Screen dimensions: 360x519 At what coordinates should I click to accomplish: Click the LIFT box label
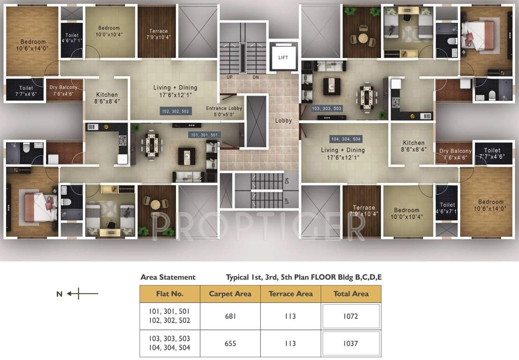click(x=283, y=58)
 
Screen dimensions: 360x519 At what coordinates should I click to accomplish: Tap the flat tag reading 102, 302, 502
click(x=175, y=111)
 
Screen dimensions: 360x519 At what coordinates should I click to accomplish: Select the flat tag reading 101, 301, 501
click(x=204, y=135)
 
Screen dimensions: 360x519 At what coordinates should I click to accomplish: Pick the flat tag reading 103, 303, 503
click(x=327, y=108)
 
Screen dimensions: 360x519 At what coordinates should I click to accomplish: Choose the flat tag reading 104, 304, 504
click(x=346, y=139)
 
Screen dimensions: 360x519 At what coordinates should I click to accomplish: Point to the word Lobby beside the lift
click(x=283, y=120)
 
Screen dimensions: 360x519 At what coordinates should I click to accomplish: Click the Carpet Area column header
click(x=230, y=294)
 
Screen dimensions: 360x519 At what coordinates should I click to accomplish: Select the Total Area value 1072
click(x=350, y=316)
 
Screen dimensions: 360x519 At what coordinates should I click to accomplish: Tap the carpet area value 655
click(x=230, y=344)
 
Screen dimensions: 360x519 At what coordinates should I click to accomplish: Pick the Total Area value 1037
click(x=350, y=344)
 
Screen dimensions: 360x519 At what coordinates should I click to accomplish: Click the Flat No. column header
click(x=170, y=294)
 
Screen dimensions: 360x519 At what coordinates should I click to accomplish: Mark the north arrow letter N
click(x=59, y=294)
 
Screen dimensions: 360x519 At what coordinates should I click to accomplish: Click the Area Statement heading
click(x=168, y=277)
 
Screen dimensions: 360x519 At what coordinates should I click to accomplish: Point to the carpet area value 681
click(x=230, y=316)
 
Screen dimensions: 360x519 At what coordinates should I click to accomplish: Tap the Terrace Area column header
click(x=290, y=294)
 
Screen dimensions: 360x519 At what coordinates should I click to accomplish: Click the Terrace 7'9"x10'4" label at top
click(x=158, y=34)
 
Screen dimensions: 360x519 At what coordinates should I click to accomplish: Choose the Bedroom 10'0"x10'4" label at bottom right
click(x=406, y=213)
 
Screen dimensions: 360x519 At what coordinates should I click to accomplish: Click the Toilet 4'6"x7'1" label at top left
click(x=72, y=38)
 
